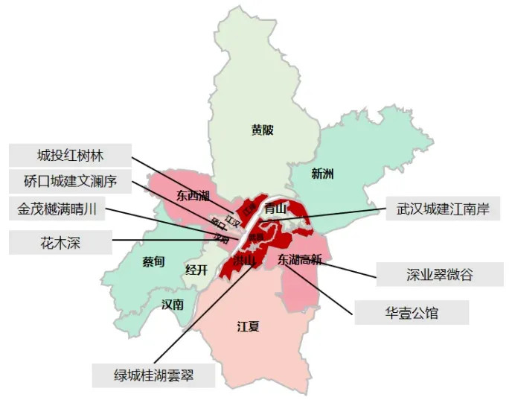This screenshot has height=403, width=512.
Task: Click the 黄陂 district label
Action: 262,130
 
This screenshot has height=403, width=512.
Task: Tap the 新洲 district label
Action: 322,174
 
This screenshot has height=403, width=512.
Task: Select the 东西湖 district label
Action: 193,197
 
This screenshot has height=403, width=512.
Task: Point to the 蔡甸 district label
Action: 153,261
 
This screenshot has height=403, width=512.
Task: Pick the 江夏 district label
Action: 248,326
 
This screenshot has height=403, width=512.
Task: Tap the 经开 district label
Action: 196,270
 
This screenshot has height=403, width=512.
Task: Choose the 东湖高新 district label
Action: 299,260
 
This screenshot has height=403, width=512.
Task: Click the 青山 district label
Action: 275,209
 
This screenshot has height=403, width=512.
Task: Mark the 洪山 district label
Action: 244,261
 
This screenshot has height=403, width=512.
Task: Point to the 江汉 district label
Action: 233,220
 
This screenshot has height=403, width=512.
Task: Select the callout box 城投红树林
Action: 71,156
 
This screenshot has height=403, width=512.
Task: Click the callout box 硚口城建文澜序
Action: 71,181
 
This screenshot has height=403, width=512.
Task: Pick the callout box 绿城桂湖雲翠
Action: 153,374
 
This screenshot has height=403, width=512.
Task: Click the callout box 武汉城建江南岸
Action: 443,209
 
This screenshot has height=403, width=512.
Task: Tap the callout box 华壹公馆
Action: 412,313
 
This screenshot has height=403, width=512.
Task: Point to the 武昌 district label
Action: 256,237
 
